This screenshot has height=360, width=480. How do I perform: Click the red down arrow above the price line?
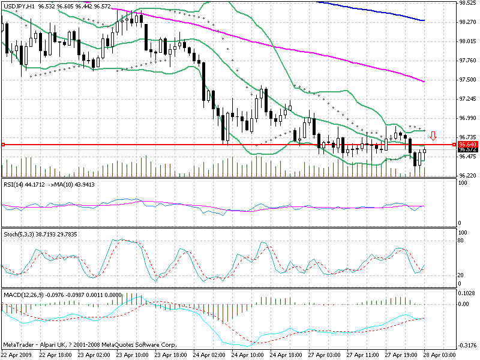tap(433, 136)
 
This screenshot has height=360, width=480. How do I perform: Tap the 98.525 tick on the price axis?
tap(467, 3)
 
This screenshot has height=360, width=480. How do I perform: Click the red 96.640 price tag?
tap(467, 145)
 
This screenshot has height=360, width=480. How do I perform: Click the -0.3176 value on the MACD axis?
tap(467, 346)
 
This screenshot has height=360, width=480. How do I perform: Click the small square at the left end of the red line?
tap(3, 145)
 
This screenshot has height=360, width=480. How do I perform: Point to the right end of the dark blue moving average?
tap(424, 20)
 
